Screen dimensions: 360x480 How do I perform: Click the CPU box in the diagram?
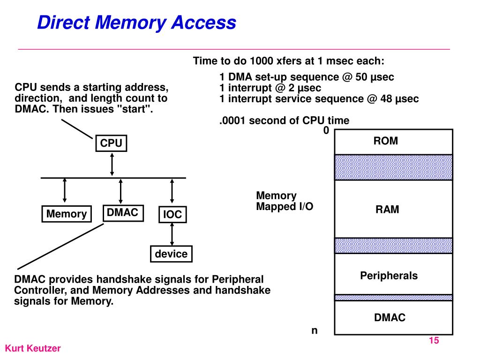111,143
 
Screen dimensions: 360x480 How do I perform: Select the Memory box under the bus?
66,214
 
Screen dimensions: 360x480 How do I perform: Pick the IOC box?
172,215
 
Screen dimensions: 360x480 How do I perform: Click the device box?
171,254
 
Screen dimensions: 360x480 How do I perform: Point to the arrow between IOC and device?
172,234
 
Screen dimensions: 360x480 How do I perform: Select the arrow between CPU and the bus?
112,165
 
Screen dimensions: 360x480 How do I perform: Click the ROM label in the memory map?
385,141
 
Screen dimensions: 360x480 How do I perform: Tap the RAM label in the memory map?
387,210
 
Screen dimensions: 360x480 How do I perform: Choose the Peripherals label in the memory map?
389,276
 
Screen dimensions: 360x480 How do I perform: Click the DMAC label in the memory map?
390,318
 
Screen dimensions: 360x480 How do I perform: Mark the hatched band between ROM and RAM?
393,167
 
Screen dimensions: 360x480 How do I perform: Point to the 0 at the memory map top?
326,131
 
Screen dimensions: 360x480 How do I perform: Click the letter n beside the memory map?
315,330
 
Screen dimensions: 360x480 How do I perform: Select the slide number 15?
434,341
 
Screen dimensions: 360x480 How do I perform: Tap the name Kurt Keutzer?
33,349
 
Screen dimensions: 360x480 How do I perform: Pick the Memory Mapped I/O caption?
284,201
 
